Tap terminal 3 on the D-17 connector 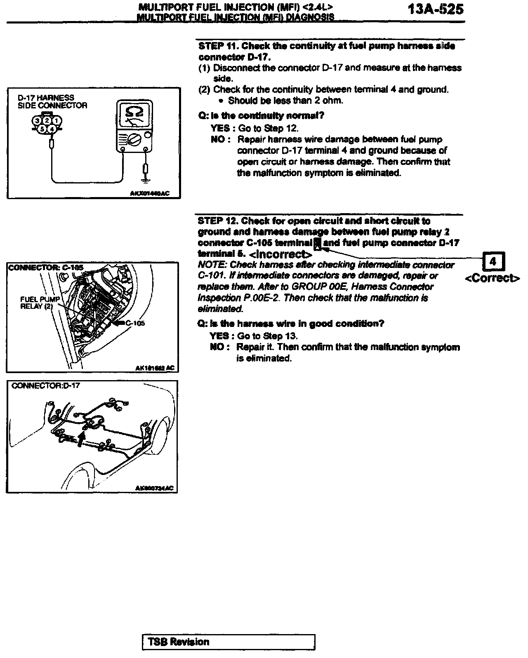click(x=38, y=120)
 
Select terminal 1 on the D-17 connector click(x=57, y=120)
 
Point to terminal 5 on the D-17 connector click(x=42, y=129)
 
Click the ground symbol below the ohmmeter click(x=145, y=179)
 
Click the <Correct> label click(x=493, y=278)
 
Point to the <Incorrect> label click(x=280, y=254)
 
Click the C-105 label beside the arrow click(x=135, y=324)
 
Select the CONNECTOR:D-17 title click(x=46, y=385)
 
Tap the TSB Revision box click(x=229, y=642)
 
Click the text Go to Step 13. click(x=267, y=336)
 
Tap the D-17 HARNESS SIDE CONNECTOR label click(x=52, y=101)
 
